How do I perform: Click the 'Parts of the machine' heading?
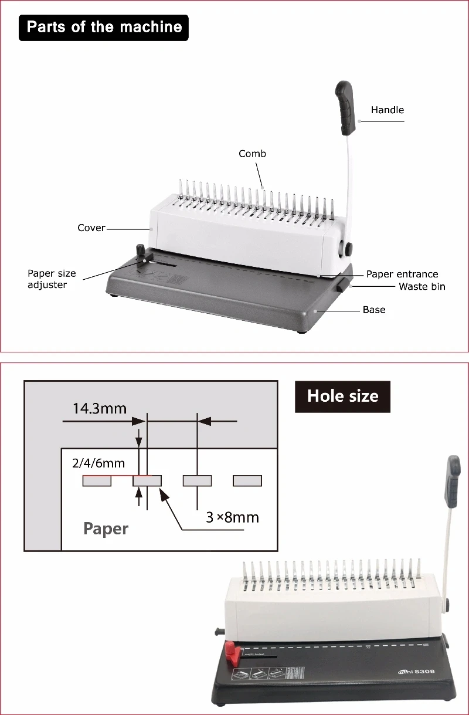(x=104, y=27)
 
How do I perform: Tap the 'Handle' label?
(x=388, y=110)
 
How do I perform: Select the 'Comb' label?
(x=252, y=154)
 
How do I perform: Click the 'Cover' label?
(x=91, y=228)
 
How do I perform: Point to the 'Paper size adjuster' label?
(x=52, y=279)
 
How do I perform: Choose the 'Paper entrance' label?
(x=402, y=274)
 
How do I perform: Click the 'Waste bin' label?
(x=422, y=286)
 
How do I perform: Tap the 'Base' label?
(x=374, y=309)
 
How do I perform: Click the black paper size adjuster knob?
(x=141, y=251)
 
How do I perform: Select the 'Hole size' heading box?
(x=342, y=396)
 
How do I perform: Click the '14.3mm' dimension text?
(x=99, y=408)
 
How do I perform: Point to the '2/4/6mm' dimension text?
(x=98, y=463)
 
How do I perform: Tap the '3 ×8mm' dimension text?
(x=232, y=517)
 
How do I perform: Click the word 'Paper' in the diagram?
(x=106, y=528)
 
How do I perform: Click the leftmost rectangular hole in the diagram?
(x=97, y=481)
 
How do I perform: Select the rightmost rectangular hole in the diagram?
(x=247, y=481)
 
